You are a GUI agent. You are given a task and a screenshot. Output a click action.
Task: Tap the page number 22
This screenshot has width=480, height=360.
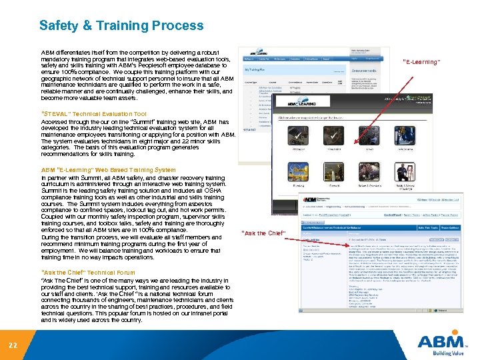13,344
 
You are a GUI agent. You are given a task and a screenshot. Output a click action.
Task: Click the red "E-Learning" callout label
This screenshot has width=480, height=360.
421,62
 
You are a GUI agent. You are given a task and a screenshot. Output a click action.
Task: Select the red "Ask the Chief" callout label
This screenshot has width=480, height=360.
265,233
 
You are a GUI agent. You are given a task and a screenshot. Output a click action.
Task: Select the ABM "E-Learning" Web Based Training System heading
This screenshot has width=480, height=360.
109,170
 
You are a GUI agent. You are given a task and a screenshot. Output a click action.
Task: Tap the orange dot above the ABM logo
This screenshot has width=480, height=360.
437,332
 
